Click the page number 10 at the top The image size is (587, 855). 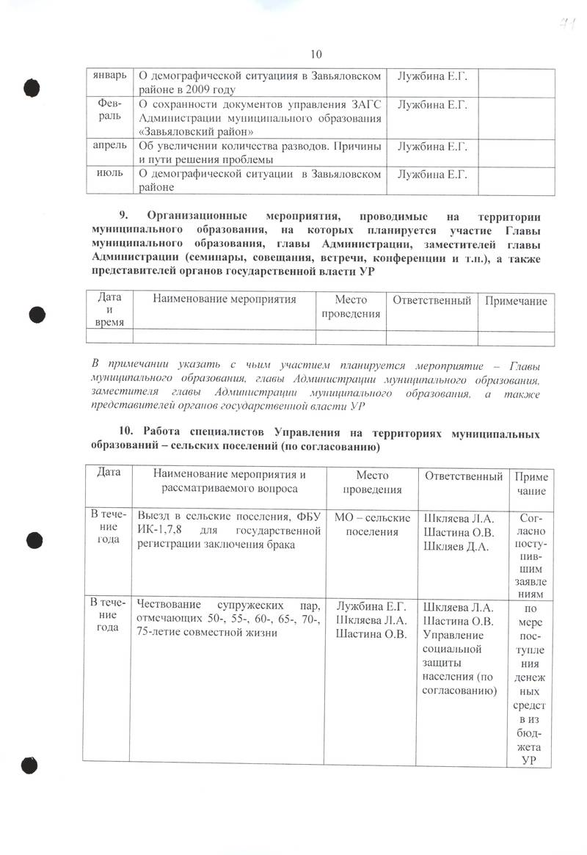(x=316, y=54)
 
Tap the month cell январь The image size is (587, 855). (x=110, y=76)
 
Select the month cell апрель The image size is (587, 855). (x=110, y=147)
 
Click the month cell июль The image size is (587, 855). (x=111, y=174)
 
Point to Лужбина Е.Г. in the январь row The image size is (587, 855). (x=432, y=76)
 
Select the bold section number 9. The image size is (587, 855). (x=123, y=216)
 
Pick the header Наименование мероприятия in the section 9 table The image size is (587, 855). (x=224, y=299)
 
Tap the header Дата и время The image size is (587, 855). (x=109, y=310)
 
